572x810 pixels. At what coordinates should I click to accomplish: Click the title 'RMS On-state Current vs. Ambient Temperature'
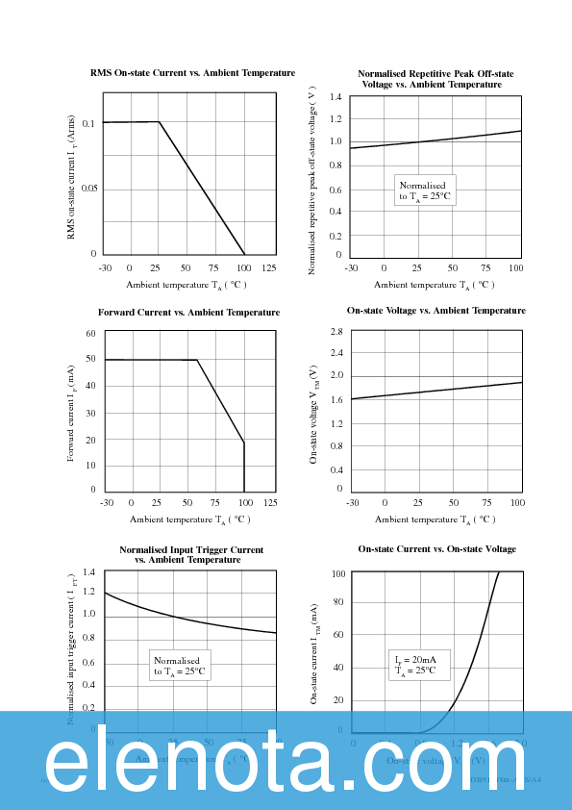point(192,73)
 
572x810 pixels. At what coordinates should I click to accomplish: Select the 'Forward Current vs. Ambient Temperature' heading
point(189,312)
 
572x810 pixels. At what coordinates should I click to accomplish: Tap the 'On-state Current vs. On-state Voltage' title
point(436,549)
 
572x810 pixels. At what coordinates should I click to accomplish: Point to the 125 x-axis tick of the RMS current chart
point(269,267)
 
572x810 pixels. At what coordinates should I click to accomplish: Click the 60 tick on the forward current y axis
point(91,334)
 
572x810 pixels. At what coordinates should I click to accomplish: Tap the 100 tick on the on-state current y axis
point(337,574)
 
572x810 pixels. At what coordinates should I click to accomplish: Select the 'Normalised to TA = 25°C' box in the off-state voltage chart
point(425,190)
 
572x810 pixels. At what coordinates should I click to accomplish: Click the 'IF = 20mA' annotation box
point(415,666)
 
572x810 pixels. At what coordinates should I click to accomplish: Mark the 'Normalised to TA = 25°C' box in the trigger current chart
point(179,666)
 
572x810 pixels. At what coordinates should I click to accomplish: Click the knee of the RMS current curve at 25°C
point(159,122)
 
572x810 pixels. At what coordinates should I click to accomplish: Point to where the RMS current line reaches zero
point(244,254)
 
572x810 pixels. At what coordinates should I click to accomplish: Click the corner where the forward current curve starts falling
point(197,360)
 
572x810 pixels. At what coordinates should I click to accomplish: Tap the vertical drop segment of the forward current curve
point(244,467)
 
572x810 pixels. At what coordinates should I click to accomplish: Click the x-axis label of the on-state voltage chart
point(435,519)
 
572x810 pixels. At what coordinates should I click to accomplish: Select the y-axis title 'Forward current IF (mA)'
point(72,413)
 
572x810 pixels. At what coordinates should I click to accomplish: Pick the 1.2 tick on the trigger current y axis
point(90,595)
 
